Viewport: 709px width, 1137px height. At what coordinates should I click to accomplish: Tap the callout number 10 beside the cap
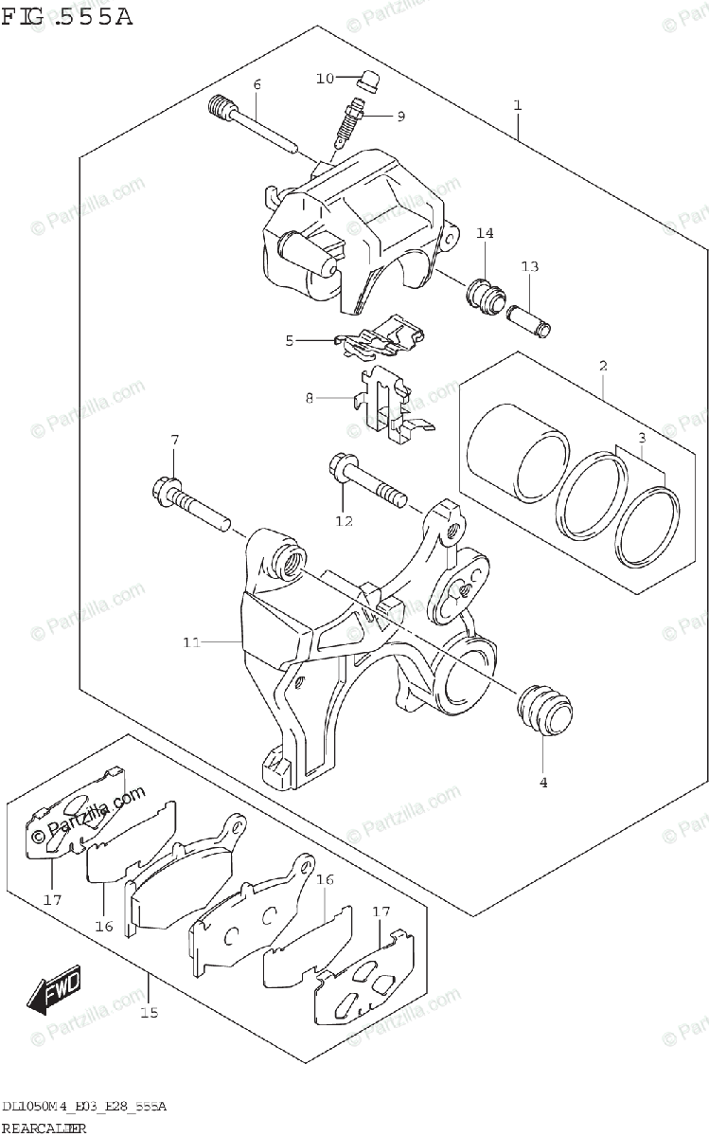point(325,79)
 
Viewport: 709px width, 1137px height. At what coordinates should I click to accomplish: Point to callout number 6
point(256,85)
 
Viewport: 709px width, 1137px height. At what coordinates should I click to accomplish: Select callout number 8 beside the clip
point(309,399)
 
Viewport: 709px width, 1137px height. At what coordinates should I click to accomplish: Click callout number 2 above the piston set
point(603,366)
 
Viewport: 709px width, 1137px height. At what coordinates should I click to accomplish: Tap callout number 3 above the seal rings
point(642,437)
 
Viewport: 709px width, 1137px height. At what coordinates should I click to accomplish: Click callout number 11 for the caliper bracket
point(191,643)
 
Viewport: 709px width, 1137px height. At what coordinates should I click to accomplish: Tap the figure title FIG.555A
point(66,16)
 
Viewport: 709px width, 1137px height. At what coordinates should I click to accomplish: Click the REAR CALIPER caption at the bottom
point(44,1128)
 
